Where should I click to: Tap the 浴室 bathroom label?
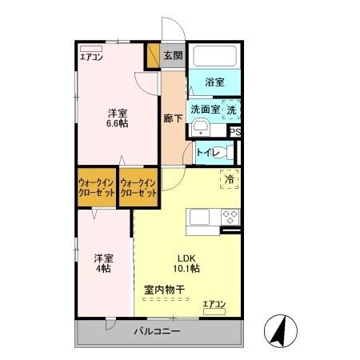[214, 82]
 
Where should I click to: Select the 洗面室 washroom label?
[204, 109]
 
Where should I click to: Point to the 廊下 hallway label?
[174, 118]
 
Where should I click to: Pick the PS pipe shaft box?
[236, 134]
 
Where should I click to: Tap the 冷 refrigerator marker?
[229, 180]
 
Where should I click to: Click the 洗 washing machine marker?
[231, 109]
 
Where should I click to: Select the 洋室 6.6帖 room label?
[118, 118]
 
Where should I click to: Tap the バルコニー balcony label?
[157, 331]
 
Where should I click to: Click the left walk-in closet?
[97, 189]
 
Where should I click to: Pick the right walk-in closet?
[138, 189]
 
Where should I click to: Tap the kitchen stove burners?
[230, 215]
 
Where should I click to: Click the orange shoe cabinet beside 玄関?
[152, 56]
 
